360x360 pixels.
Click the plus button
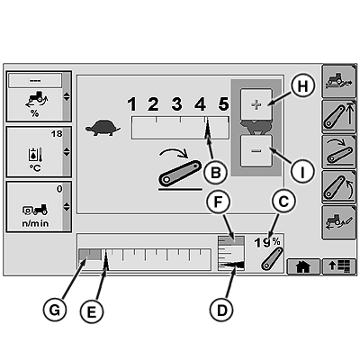[x=256, y=104]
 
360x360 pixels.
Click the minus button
[x=256, y=150]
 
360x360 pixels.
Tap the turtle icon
[x=103, y=128]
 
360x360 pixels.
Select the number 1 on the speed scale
[x=131, y=104]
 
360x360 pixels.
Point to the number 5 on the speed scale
[x=223, y=104]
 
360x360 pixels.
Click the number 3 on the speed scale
[x=176, y=104]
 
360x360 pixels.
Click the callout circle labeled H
[x=302, y=86]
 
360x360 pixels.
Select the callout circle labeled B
[x=215, y=173]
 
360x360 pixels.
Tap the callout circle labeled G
[x=54, y=310]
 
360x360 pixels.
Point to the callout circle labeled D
[x=221, y=310]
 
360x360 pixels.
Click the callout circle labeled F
[x=218, y=202]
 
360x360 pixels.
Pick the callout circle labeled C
[x=283, y=202]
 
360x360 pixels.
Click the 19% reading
[x=267, y=242]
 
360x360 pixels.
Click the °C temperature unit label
[x=35, y=168]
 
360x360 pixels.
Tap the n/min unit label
[x=35, y=223]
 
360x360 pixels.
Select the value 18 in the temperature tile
[x=57, y=133]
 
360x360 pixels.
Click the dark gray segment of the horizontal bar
[x=90, y=255]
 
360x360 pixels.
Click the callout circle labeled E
[x=92, y=310]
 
